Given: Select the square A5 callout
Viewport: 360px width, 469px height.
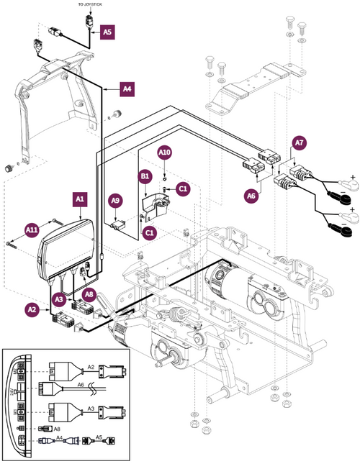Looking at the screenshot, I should coord(107,32).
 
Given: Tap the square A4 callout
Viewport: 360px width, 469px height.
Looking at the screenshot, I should coord(127,89).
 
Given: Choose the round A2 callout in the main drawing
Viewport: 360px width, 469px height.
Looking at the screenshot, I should coord(32,309).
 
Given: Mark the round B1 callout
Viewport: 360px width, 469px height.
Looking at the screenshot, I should coord(145,175).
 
